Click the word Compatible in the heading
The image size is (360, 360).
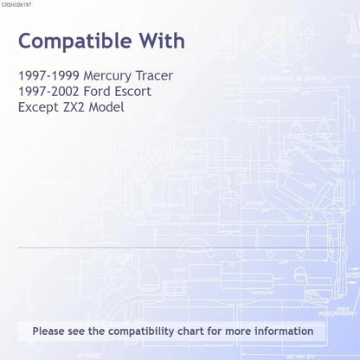point(75,42)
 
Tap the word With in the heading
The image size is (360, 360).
point(163,41)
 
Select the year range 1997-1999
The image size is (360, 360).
point(48,75)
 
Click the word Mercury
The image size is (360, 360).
point(107,76)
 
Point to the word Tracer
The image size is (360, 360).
point(154,75)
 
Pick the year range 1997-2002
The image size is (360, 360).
point(48,92)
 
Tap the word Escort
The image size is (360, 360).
point(132,92)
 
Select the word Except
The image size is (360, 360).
point(38,108)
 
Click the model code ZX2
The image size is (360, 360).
point(74,107)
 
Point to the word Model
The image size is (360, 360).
point(106,107)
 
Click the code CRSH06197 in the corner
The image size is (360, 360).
point(16,5)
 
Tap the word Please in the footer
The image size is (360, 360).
point(48,331)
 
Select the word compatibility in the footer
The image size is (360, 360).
point(141,331)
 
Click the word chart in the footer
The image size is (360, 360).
point(190,331)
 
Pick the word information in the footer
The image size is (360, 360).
point(284,331)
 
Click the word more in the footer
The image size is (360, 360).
point(238,332)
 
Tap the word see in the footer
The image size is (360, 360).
point(76,332)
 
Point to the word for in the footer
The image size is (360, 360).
point(215,331)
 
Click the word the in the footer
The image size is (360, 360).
point(96,331)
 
